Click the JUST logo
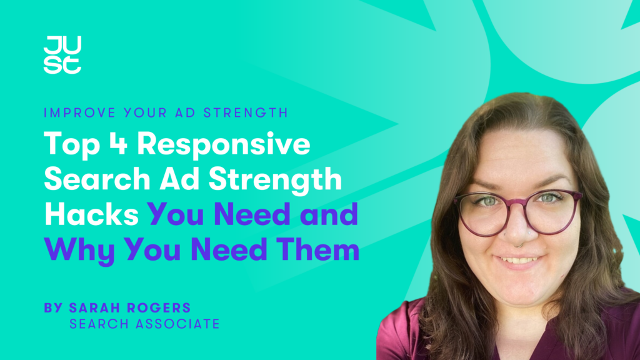tap(62, 56)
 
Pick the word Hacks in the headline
tap(91, 215)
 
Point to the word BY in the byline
tap(52, 308)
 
